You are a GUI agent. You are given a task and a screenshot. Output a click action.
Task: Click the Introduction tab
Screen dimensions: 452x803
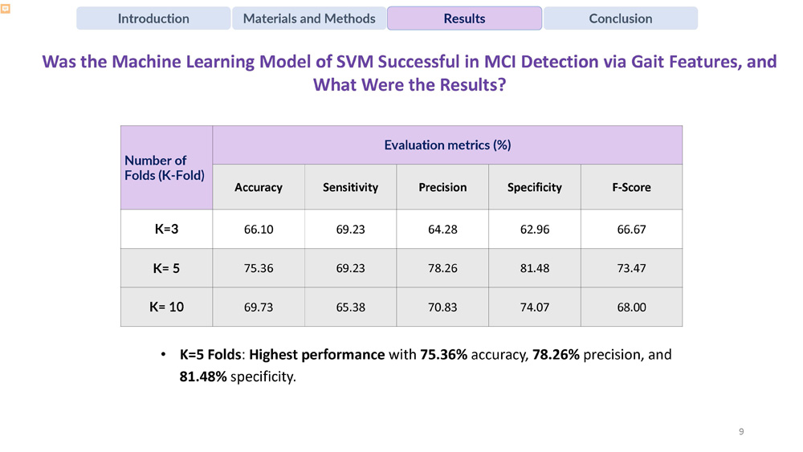pos(153,18)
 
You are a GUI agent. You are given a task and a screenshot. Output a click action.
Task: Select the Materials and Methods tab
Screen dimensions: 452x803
pos(309,18)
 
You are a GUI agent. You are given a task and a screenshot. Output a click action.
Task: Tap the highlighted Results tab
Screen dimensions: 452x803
pos(464,18)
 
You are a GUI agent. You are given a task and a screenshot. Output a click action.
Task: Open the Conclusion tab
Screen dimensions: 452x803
pos(620,18)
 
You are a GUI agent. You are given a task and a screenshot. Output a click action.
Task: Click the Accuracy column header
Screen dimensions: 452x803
pos(258,187)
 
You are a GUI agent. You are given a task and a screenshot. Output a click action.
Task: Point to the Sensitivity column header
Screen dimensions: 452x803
pos(350,187)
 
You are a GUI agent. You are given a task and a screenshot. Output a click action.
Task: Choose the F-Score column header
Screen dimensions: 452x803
pos(631,187)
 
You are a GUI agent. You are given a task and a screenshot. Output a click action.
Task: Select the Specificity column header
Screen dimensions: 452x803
pos(534,187)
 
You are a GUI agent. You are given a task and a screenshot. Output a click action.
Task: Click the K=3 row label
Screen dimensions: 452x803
pos(166,230)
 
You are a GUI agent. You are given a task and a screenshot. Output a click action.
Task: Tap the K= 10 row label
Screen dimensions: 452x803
pos(166,307)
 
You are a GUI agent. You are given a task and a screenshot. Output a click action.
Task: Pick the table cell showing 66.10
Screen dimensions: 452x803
pos(258,230)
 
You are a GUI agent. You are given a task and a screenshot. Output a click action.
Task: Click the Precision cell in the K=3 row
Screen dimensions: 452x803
pos(442,230)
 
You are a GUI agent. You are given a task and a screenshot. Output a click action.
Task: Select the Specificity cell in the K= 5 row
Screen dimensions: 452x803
pos(534,268)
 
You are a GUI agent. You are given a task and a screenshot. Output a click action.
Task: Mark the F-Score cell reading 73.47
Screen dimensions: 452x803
pos(631,268)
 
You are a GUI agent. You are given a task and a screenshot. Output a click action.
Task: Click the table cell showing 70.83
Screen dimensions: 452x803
pos(442,307)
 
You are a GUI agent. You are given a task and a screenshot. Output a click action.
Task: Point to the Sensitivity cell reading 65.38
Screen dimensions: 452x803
pos(350,307)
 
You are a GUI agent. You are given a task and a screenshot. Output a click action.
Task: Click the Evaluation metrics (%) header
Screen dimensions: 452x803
pos(447,145)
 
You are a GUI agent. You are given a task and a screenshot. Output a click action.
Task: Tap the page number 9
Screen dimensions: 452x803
pos(740,432)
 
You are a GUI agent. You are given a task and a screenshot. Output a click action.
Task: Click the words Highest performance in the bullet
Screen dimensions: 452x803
pos(322,354)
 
